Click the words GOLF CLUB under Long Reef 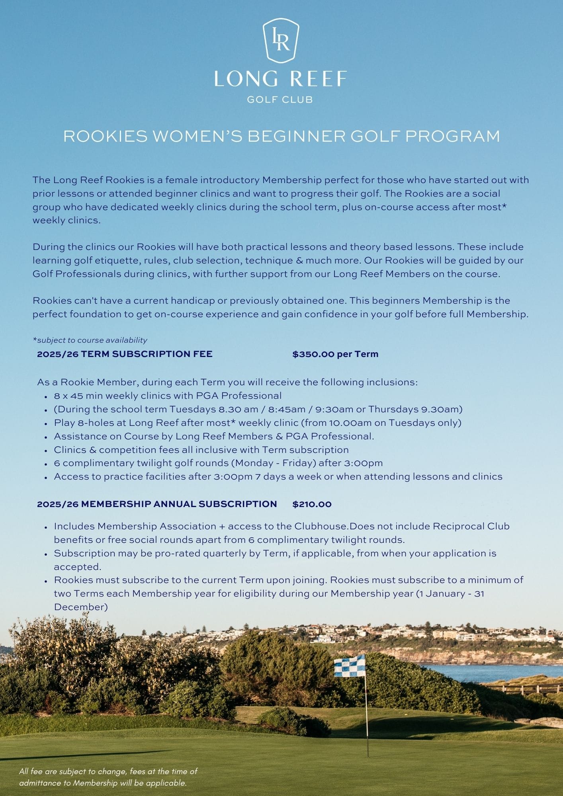click(x=280, y=99)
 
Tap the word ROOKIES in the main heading click(x=106, y=137)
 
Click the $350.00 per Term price click(x=335, y=354)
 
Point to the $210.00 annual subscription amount click(x=312, y=504)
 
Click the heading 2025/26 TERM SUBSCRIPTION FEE click(x=125, y=354)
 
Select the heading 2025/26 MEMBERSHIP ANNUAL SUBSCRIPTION click(x=157, y=504)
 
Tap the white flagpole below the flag click(x=366, y=716)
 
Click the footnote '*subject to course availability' click(x=90, y=340)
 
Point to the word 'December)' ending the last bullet click(x=81, y=607)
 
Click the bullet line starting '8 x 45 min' click(x=168, y=396)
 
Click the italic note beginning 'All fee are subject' click(x=108, y=777)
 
